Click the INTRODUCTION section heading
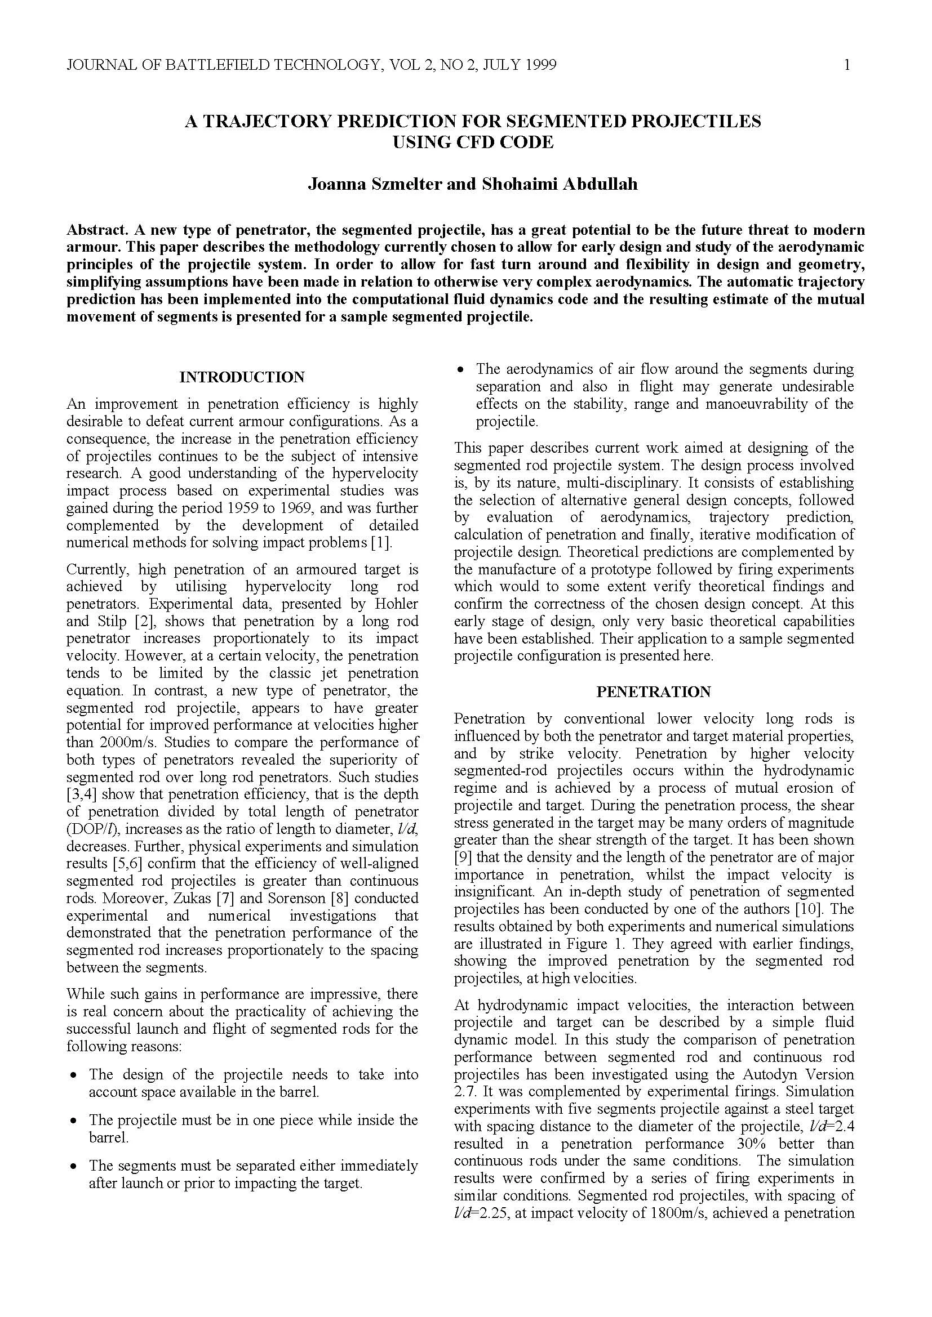242,377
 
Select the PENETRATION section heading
653,692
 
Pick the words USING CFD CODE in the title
472,142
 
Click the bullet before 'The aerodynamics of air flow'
460,370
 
